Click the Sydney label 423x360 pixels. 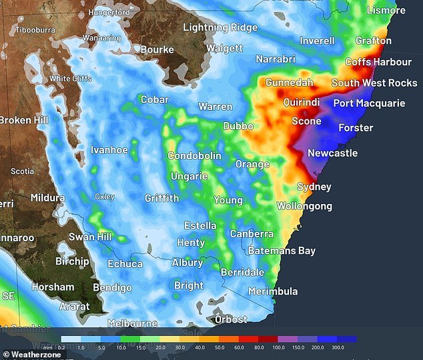pos(314,187)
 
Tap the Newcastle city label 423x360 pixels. pos(332,153)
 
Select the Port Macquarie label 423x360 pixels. pos(369,103)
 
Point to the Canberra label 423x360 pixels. pos(252,234)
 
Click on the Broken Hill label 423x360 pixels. pos(24,120)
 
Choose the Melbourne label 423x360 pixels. pos(133,323)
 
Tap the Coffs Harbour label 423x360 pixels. pos(378,62)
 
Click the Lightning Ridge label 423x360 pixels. pos(220,27)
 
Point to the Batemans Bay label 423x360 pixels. pos(282,251)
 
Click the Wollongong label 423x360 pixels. pos(304,207)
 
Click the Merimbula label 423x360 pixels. pos(273,291)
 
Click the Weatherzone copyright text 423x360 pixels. pos(32,355)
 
